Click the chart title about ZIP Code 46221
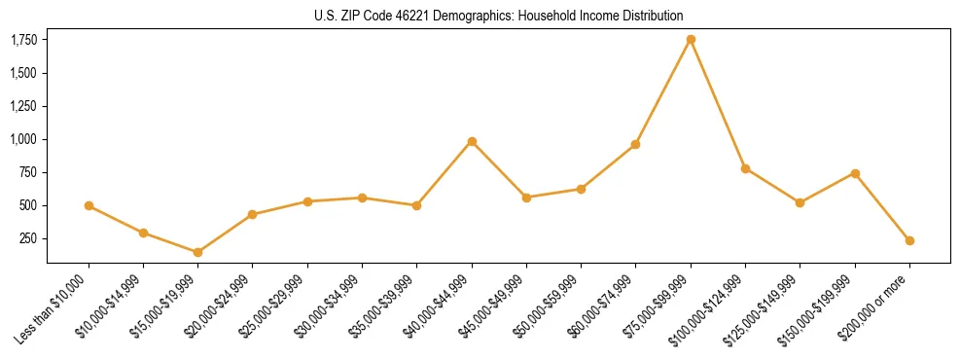tap(499, 16)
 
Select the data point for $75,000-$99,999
tap(691, 40)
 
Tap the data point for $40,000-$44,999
tap(472, 141)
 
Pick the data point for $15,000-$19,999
tap(197, 252)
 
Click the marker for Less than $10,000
tap(89, 205)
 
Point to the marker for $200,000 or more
tap(909, 240)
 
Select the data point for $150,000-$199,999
tap(855, 173)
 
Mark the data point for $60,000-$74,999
tap(635, 144)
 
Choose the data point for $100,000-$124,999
tap(745, 168)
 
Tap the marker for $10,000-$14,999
tap(143, 233)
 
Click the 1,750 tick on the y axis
tap(23, 40)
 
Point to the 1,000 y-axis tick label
tap(23, 139)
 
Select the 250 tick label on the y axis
tap(28, 238)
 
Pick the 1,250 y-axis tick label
tap(23, 106)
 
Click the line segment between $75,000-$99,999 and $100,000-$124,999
tap(718, 104)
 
